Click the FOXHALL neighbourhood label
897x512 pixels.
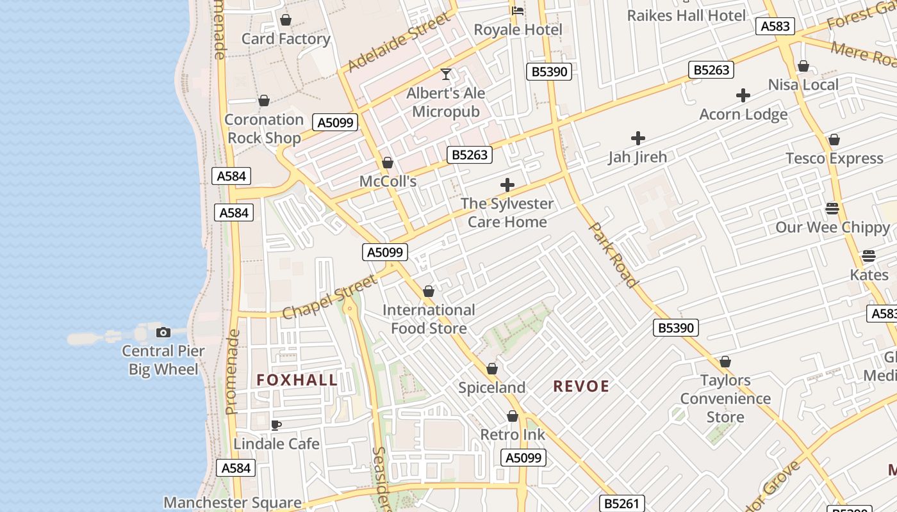tap(297, 380)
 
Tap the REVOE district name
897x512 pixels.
tap(581, 386)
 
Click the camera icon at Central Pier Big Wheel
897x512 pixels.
tap(163, 332)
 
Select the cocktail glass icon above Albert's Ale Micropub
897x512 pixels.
tap(446, 74)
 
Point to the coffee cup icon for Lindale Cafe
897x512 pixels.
tap(276, 425)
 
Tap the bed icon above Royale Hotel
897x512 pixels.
tap(518, 11)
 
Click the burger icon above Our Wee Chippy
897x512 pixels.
tap(832, 208)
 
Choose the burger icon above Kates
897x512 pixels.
tap(869, 256)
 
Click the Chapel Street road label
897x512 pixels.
tap(330, 297)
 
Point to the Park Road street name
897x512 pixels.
tap(613, 255)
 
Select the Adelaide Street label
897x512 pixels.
tap(398, 43)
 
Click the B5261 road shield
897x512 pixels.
tap(621, 503)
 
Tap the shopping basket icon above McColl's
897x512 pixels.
tap(388, 163)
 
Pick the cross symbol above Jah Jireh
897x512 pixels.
tap(638, 138)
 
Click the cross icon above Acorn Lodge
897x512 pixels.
tap(743, 96)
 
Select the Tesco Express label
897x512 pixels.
tap(834, 158)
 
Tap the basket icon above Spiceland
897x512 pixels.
tap(492, 369)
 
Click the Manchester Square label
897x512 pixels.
tap(233, 502)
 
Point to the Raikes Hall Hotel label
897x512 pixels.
tap(686, 15)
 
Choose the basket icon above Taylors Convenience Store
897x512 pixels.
tap(725, 362)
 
